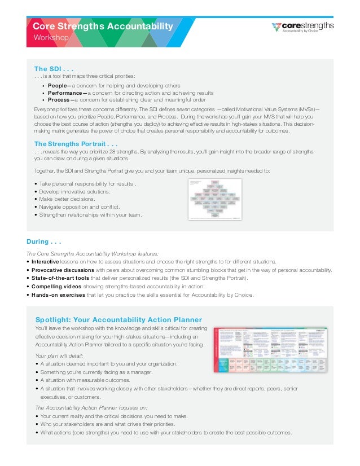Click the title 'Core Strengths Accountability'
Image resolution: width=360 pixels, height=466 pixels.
coord(103,26)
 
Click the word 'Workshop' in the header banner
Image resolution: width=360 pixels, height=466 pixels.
coord(51,37)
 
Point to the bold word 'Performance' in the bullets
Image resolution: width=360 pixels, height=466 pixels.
coord(65,93)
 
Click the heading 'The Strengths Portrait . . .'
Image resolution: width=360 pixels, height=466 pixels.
coord(76,143)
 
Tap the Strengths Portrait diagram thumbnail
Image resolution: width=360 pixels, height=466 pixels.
coord(214,199)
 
